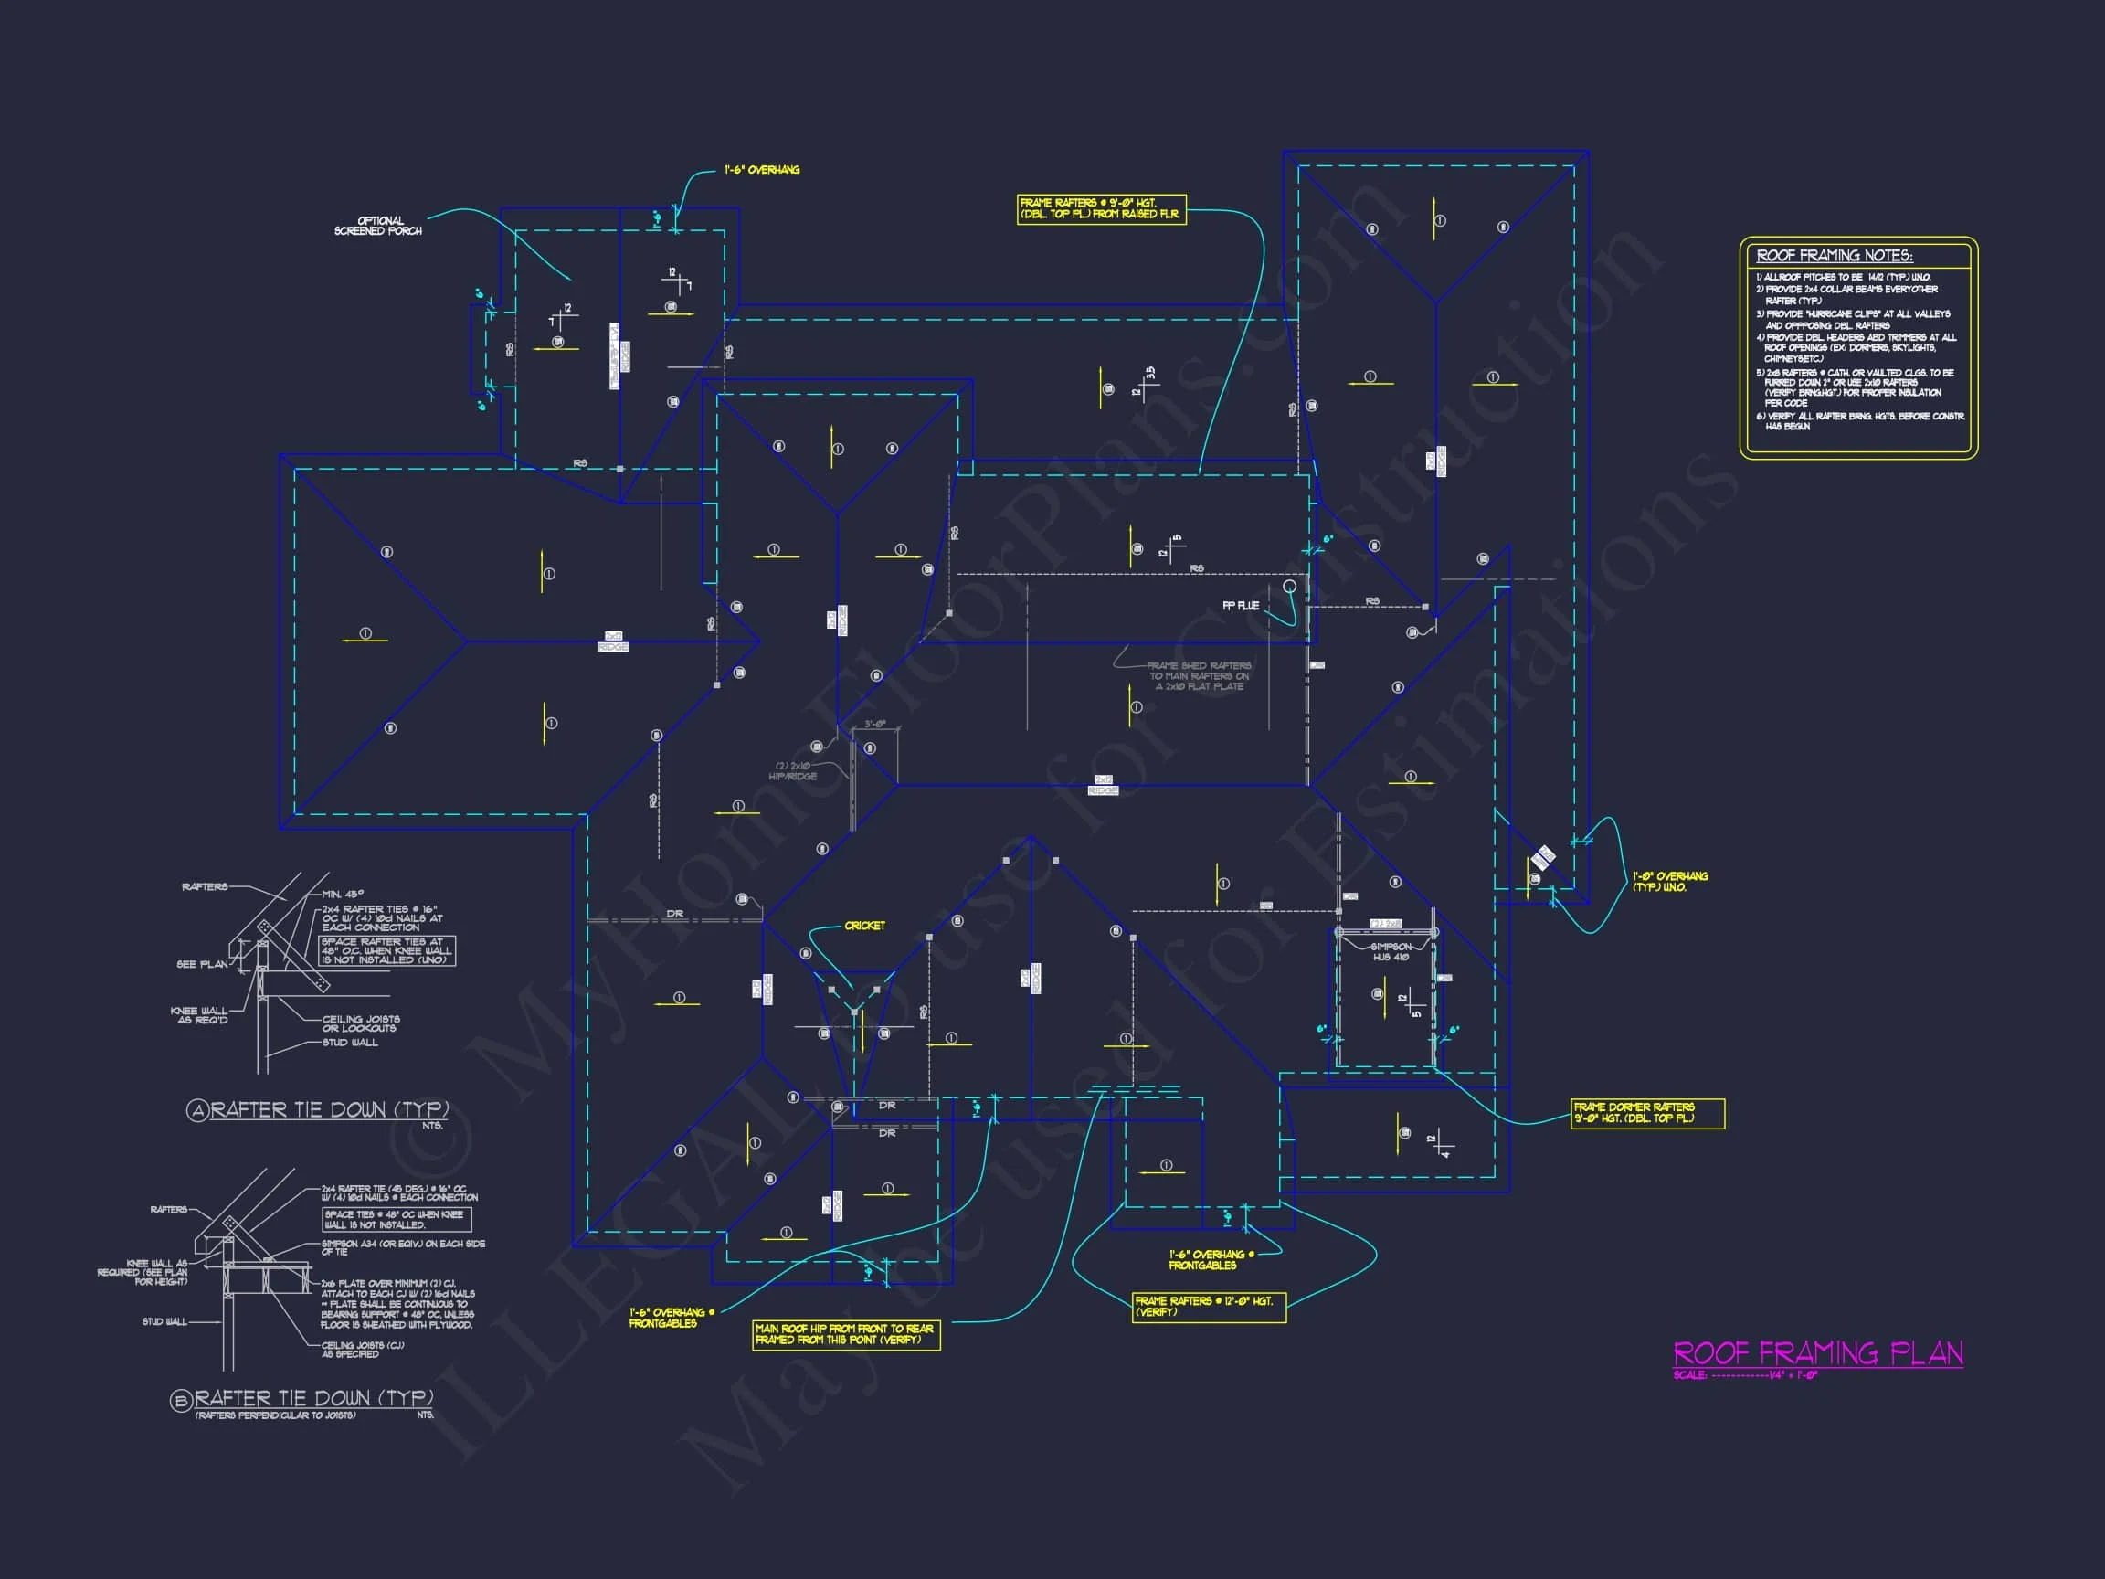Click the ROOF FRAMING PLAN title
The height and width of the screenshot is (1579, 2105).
(1816, 1352)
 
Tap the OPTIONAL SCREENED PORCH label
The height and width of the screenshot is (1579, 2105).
(378, 226)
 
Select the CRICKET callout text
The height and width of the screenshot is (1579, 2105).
(864, 925)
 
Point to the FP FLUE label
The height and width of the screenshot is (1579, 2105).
(1240, 605)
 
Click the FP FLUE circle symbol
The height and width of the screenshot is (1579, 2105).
(1289, 587)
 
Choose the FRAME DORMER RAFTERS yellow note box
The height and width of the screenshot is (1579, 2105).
(1647, 1113)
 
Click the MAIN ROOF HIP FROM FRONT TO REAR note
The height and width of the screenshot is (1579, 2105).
(845, 1333)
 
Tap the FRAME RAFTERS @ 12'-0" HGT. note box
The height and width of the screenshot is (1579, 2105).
(1208, 1306)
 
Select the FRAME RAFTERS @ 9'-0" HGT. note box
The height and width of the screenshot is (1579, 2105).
(1101, 208)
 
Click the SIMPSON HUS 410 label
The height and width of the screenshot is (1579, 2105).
(1391, 952)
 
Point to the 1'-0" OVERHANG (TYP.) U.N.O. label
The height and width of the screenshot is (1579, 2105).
(1670, 882)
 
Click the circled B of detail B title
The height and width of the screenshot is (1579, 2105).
(181, 1400)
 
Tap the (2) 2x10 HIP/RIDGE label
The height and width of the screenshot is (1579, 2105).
(793, 771)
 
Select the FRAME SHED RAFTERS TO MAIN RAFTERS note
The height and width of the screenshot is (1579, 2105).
(1198, 676)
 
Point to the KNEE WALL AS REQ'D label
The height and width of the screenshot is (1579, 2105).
(199, 1015)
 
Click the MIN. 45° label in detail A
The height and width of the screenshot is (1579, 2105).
(343, 895)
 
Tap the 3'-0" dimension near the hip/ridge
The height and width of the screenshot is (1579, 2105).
(874, 725)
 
